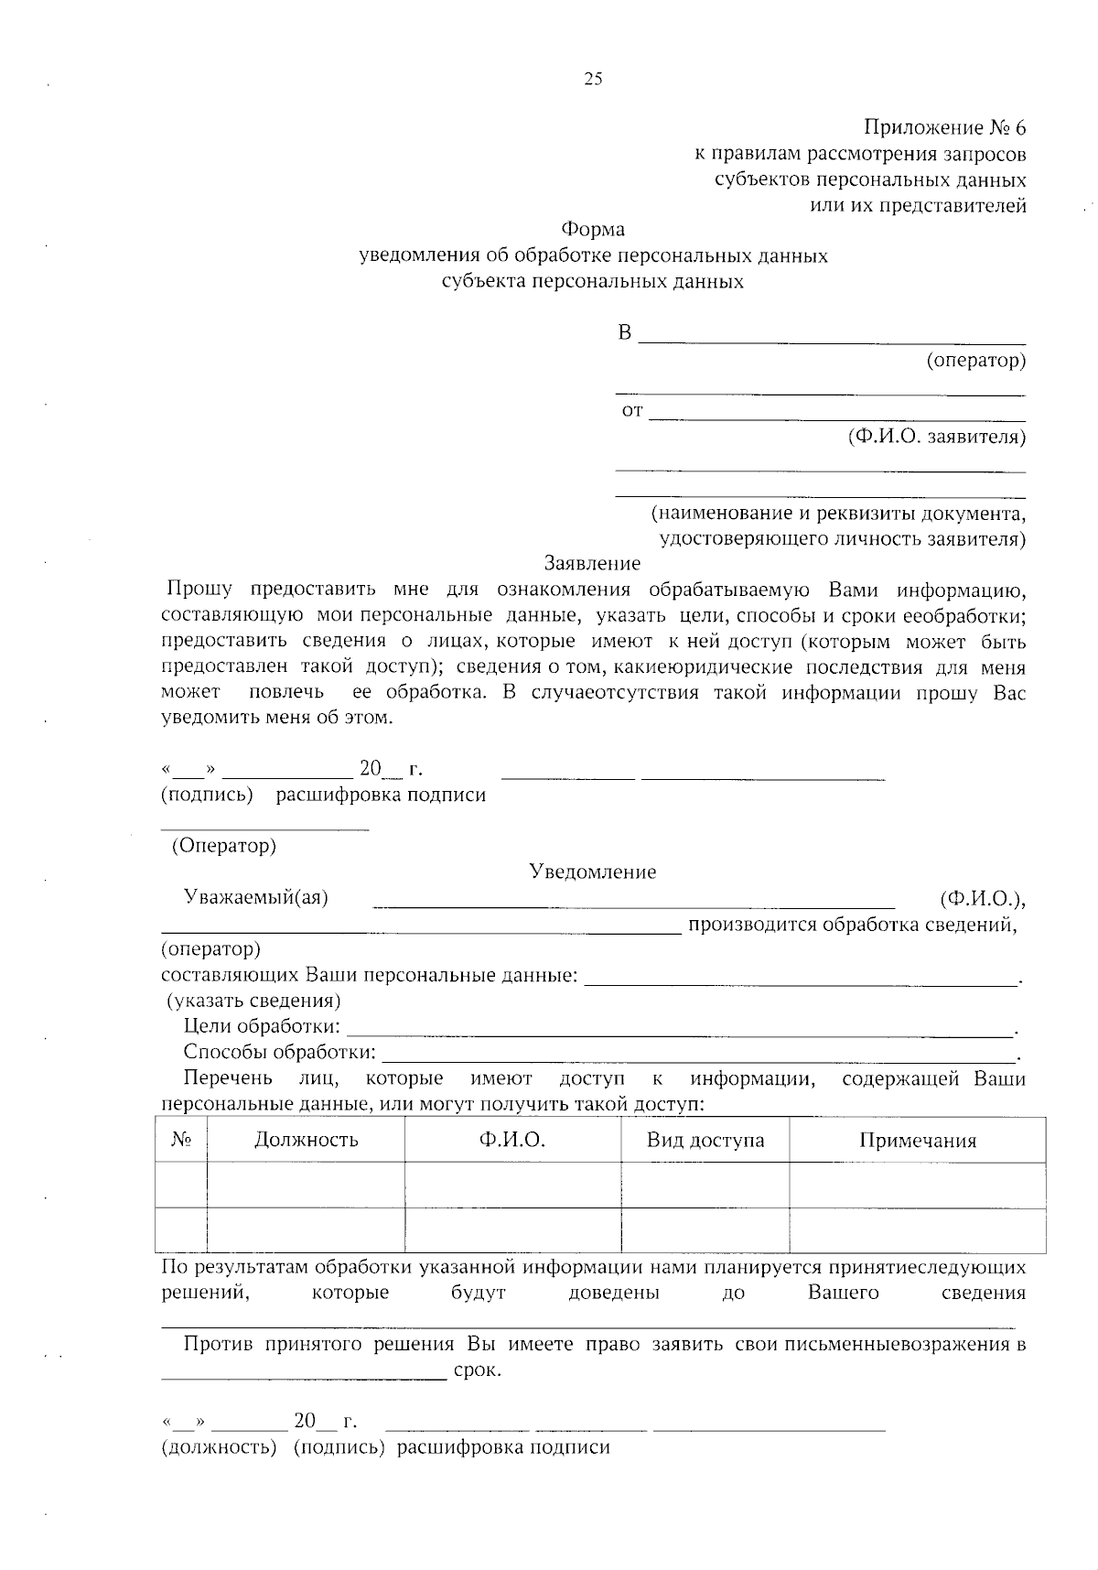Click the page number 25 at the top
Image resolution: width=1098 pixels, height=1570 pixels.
[x=593, y=79]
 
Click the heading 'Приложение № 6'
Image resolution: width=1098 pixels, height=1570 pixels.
[x=944, y=127]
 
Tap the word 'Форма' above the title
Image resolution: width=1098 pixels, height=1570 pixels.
[x=593, y=229]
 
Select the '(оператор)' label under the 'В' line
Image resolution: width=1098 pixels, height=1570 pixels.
[x=975, y=360]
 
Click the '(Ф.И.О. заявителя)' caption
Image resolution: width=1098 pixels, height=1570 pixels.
[x=937, y=437]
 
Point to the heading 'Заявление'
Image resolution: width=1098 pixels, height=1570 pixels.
[x=592, y=563]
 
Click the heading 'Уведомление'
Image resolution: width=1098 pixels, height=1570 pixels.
[x=592, y=872]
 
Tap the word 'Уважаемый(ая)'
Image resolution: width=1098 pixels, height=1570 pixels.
[x=256, y=897]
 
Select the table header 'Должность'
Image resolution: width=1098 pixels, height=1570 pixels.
[x=306, y=1140]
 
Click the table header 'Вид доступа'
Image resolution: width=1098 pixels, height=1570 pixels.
[x=705, y=1140]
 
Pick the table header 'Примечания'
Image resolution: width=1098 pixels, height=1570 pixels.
[x=917, y=1141]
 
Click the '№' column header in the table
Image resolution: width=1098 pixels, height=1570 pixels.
[x=181, y=1140]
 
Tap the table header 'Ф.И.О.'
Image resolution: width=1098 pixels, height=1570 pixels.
[x=511, y=1140]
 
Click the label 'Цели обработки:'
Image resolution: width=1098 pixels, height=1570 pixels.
[x=262, y=1026]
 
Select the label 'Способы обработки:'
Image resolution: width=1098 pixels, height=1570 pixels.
[x=279, y=1052]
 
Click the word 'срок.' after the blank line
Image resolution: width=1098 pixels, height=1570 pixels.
[x=477, y=1371]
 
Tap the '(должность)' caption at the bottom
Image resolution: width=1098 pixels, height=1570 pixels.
[x=219, y=1446]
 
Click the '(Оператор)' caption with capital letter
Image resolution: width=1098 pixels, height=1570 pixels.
[x=224, y=845]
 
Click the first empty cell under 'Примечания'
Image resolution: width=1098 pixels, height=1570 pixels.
[x=917, y=1185]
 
